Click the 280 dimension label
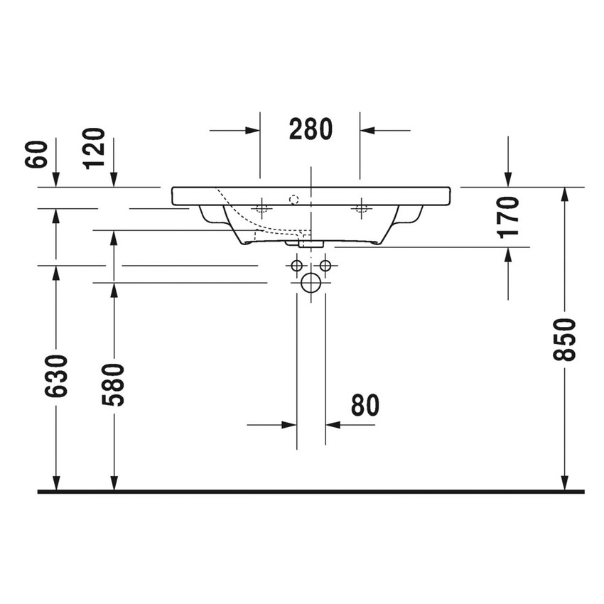point(311,129)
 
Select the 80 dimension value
point(365,405)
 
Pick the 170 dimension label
point(509,217)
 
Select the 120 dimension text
point(94,149)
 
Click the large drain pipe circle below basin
point(311,283)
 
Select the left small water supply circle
point(296,266)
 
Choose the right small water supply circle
point(325,266)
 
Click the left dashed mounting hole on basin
point(261,208)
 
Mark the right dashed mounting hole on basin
point(360,208)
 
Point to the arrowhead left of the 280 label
point(252,130)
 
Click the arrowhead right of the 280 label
point(368,130)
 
